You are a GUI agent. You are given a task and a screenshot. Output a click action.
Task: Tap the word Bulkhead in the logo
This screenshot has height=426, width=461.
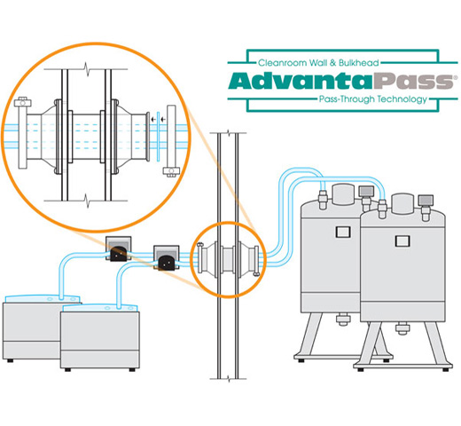click(x=358, y=63)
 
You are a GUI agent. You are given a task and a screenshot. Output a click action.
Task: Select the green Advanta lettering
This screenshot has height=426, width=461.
click(x=300, y=81)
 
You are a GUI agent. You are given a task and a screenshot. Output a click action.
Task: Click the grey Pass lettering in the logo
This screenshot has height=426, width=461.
click(x=413, y=81)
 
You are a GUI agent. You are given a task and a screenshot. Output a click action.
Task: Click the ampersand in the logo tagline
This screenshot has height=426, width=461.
click(x=332, y=63)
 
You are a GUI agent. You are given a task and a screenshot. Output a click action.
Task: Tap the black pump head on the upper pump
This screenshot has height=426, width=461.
click(x=119, y=254)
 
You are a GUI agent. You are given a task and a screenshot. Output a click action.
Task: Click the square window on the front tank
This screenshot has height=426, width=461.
click(x=402, y=241)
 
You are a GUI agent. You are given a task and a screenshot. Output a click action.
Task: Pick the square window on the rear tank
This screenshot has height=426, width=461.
click(x=343, y=232)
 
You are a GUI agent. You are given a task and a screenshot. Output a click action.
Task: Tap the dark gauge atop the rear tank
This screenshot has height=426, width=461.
click(x=366, y=192)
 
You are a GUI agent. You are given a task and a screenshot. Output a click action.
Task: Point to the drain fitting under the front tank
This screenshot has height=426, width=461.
click(x=402, y=327)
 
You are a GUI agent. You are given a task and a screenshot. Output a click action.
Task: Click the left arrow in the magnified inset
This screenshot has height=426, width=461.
click(x=153, y=120)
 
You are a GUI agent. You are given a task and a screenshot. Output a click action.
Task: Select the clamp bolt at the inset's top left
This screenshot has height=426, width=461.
click(x=23, y=102)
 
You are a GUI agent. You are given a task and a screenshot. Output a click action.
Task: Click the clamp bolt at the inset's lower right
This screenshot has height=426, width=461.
click(x=171, y=171)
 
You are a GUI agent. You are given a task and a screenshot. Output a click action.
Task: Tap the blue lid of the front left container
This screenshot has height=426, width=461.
click(x=100, y=308)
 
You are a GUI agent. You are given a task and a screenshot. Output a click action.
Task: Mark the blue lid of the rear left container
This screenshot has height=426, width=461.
click(x=43, y=298)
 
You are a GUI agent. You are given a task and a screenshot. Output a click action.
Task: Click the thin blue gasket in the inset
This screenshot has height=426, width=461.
click(x=159, y=137)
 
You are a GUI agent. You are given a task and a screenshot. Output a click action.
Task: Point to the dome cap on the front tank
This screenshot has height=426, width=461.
click(x=402, y=203)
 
